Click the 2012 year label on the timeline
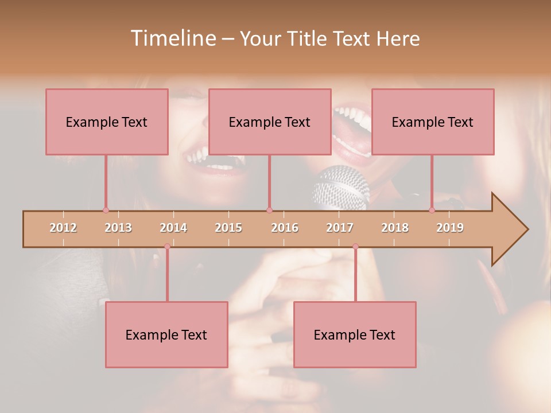point(63,228)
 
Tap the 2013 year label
point(118,228)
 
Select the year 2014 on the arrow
point(173,228)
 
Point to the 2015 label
point(228,228)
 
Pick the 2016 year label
point(285,228)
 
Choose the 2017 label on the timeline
point(340,228)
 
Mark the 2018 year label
point(395,228)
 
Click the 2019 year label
point(450,228)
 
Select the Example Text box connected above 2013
point(107,122)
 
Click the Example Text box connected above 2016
point(270,122)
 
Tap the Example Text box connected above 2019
point(433,122)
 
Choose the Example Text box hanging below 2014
point(166,334)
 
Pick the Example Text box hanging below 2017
point(355,334)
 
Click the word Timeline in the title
point(172,38)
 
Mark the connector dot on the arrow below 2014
point(167,247)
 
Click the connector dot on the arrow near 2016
point(269,210)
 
